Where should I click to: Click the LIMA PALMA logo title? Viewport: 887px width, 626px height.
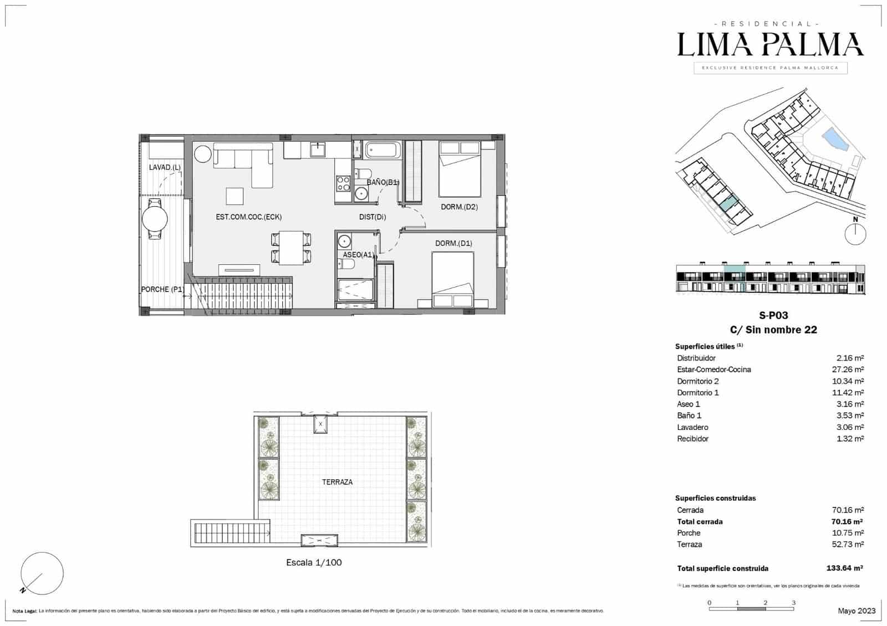[770, 44]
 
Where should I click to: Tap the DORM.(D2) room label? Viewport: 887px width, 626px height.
[459, 207]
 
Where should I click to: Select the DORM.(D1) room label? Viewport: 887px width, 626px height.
[453, 243]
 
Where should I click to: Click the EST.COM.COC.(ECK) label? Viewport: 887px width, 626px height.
[244, 217]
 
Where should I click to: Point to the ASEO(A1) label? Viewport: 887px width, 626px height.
[358, 255]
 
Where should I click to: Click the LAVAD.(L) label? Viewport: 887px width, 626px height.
[165, 167]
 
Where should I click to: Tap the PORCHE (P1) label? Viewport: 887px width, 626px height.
[162, 289]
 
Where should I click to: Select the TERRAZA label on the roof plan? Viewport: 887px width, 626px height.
[337, 482]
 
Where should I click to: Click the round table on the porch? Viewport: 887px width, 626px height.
[155, 219]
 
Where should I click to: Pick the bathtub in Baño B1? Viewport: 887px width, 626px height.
[381, 150]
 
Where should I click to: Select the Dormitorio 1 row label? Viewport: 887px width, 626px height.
[697, 393]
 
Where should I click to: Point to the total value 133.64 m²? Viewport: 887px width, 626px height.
[844, 568]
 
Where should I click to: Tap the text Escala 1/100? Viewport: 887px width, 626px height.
[314, 562]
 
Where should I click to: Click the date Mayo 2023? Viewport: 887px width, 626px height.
[857, 610]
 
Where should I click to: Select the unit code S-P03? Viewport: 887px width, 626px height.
[773, 315]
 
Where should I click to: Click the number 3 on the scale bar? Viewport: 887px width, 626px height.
[793, 603]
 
